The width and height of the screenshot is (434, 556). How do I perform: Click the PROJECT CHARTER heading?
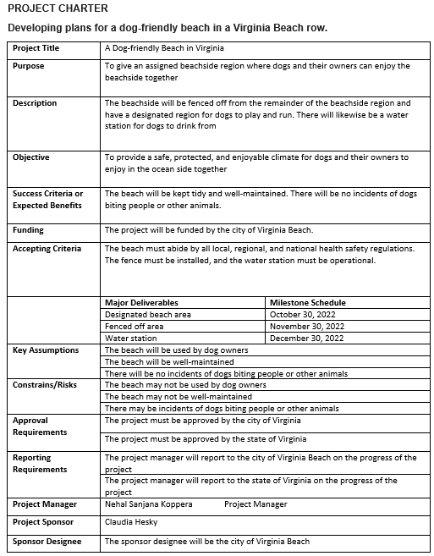click(57, 9)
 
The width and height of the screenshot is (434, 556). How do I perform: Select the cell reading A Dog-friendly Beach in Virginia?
click(163, 48)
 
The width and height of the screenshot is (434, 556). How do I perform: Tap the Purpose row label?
click(29, 65)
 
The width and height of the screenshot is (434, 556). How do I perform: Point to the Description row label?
click(35, 103)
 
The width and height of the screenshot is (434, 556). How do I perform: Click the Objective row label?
click(31, 157)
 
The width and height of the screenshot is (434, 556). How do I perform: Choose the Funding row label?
click(29, 230)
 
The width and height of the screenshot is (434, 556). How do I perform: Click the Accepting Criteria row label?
click(47, 249)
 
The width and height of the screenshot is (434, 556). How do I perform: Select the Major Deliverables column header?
click(141, 302)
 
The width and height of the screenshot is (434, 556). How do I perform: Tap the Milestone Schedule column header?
click(308, 302)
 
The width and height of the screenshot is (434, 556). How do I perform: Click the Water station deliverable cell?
click(130, 338)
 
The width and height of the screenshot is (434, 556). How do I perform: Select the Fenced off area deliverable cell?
click(135, 326)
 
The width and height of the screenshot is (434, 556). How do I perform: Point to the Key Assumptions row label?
click(46, 350)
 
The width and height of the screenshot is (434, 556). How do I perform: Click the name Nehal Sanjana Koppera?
click(149, 504)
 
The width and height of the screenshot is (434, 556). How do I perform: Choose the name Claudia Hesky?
click(131, 522)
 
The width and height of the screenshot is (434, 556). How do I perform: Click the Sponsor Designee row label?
click(47, 541)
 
